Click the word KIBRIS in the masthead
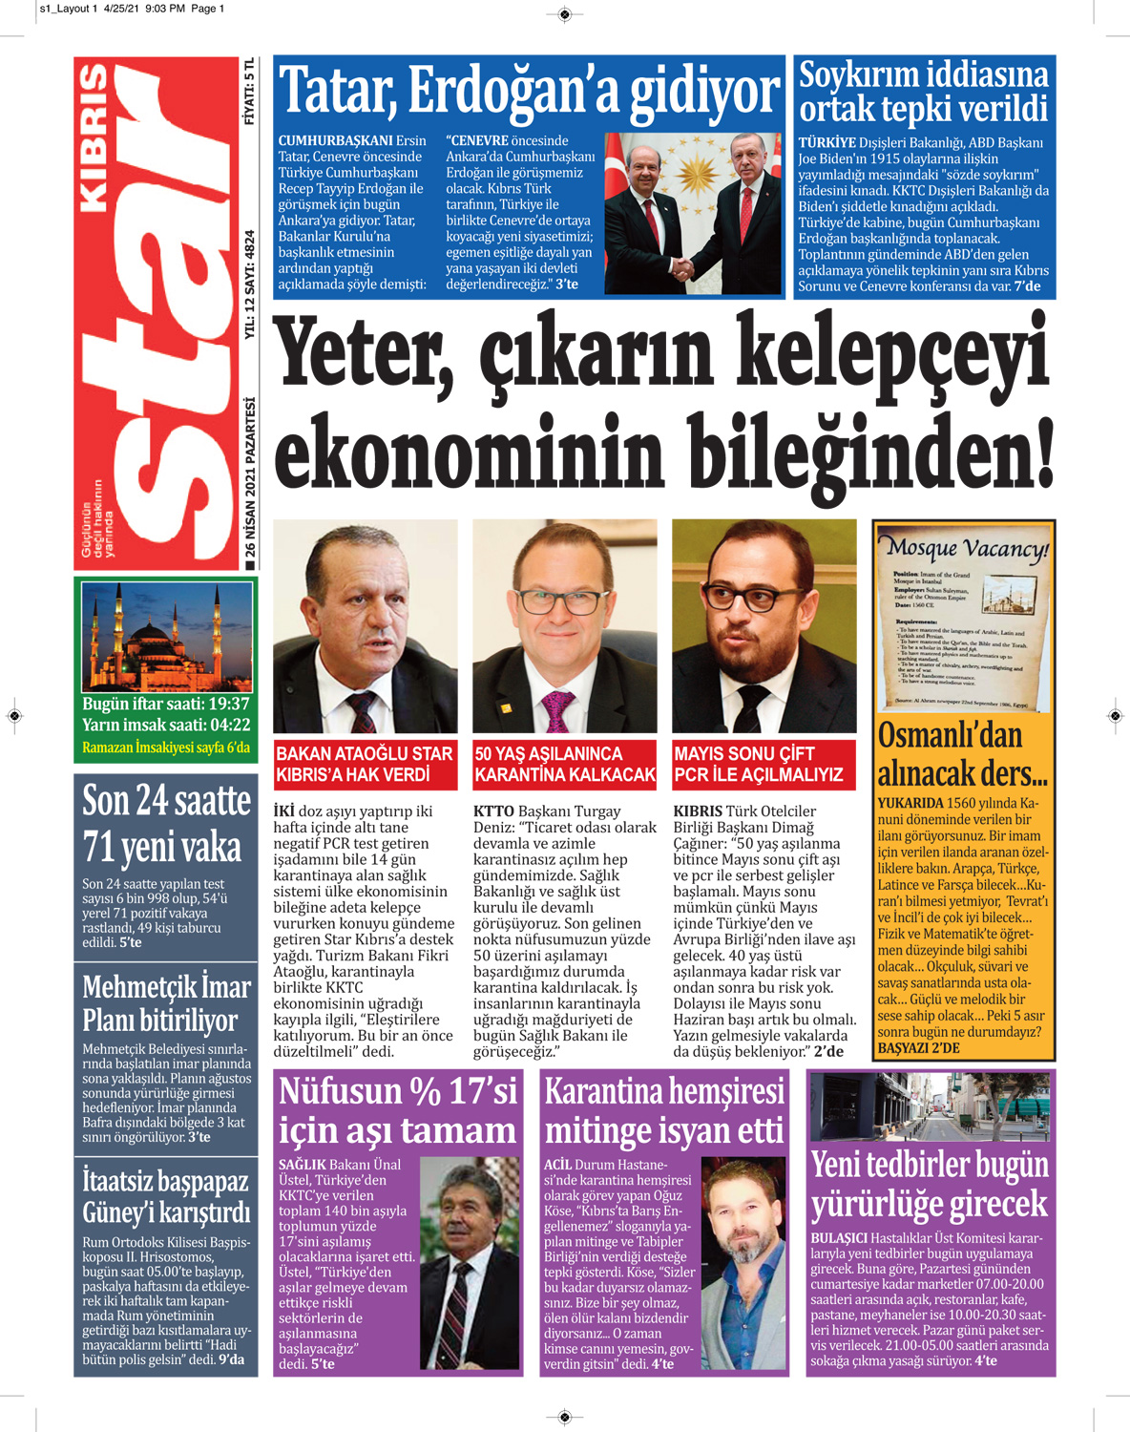coord(94,137)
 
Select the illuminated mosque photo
coord(166,636)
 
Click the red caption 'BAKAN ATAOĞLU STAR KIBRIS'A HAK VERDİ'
coord(365,765)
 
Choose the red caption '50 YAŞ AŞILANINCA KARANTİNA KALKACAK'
coord(565,765)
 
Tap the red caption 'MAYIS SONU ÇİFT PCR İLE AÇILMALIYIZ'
coord(759,765)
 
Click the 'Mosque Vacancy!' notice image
coord(964,621)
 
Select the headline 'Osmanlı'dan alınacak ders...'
coord(962,754)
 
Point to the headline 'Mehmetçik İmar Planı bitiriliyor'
coord(166,1002)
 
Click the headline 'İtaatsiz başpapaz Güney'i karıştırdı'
coord(166,1196)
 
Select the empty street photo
coord(931,1106)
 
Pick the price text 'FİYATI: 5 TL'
coord(249,92)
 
